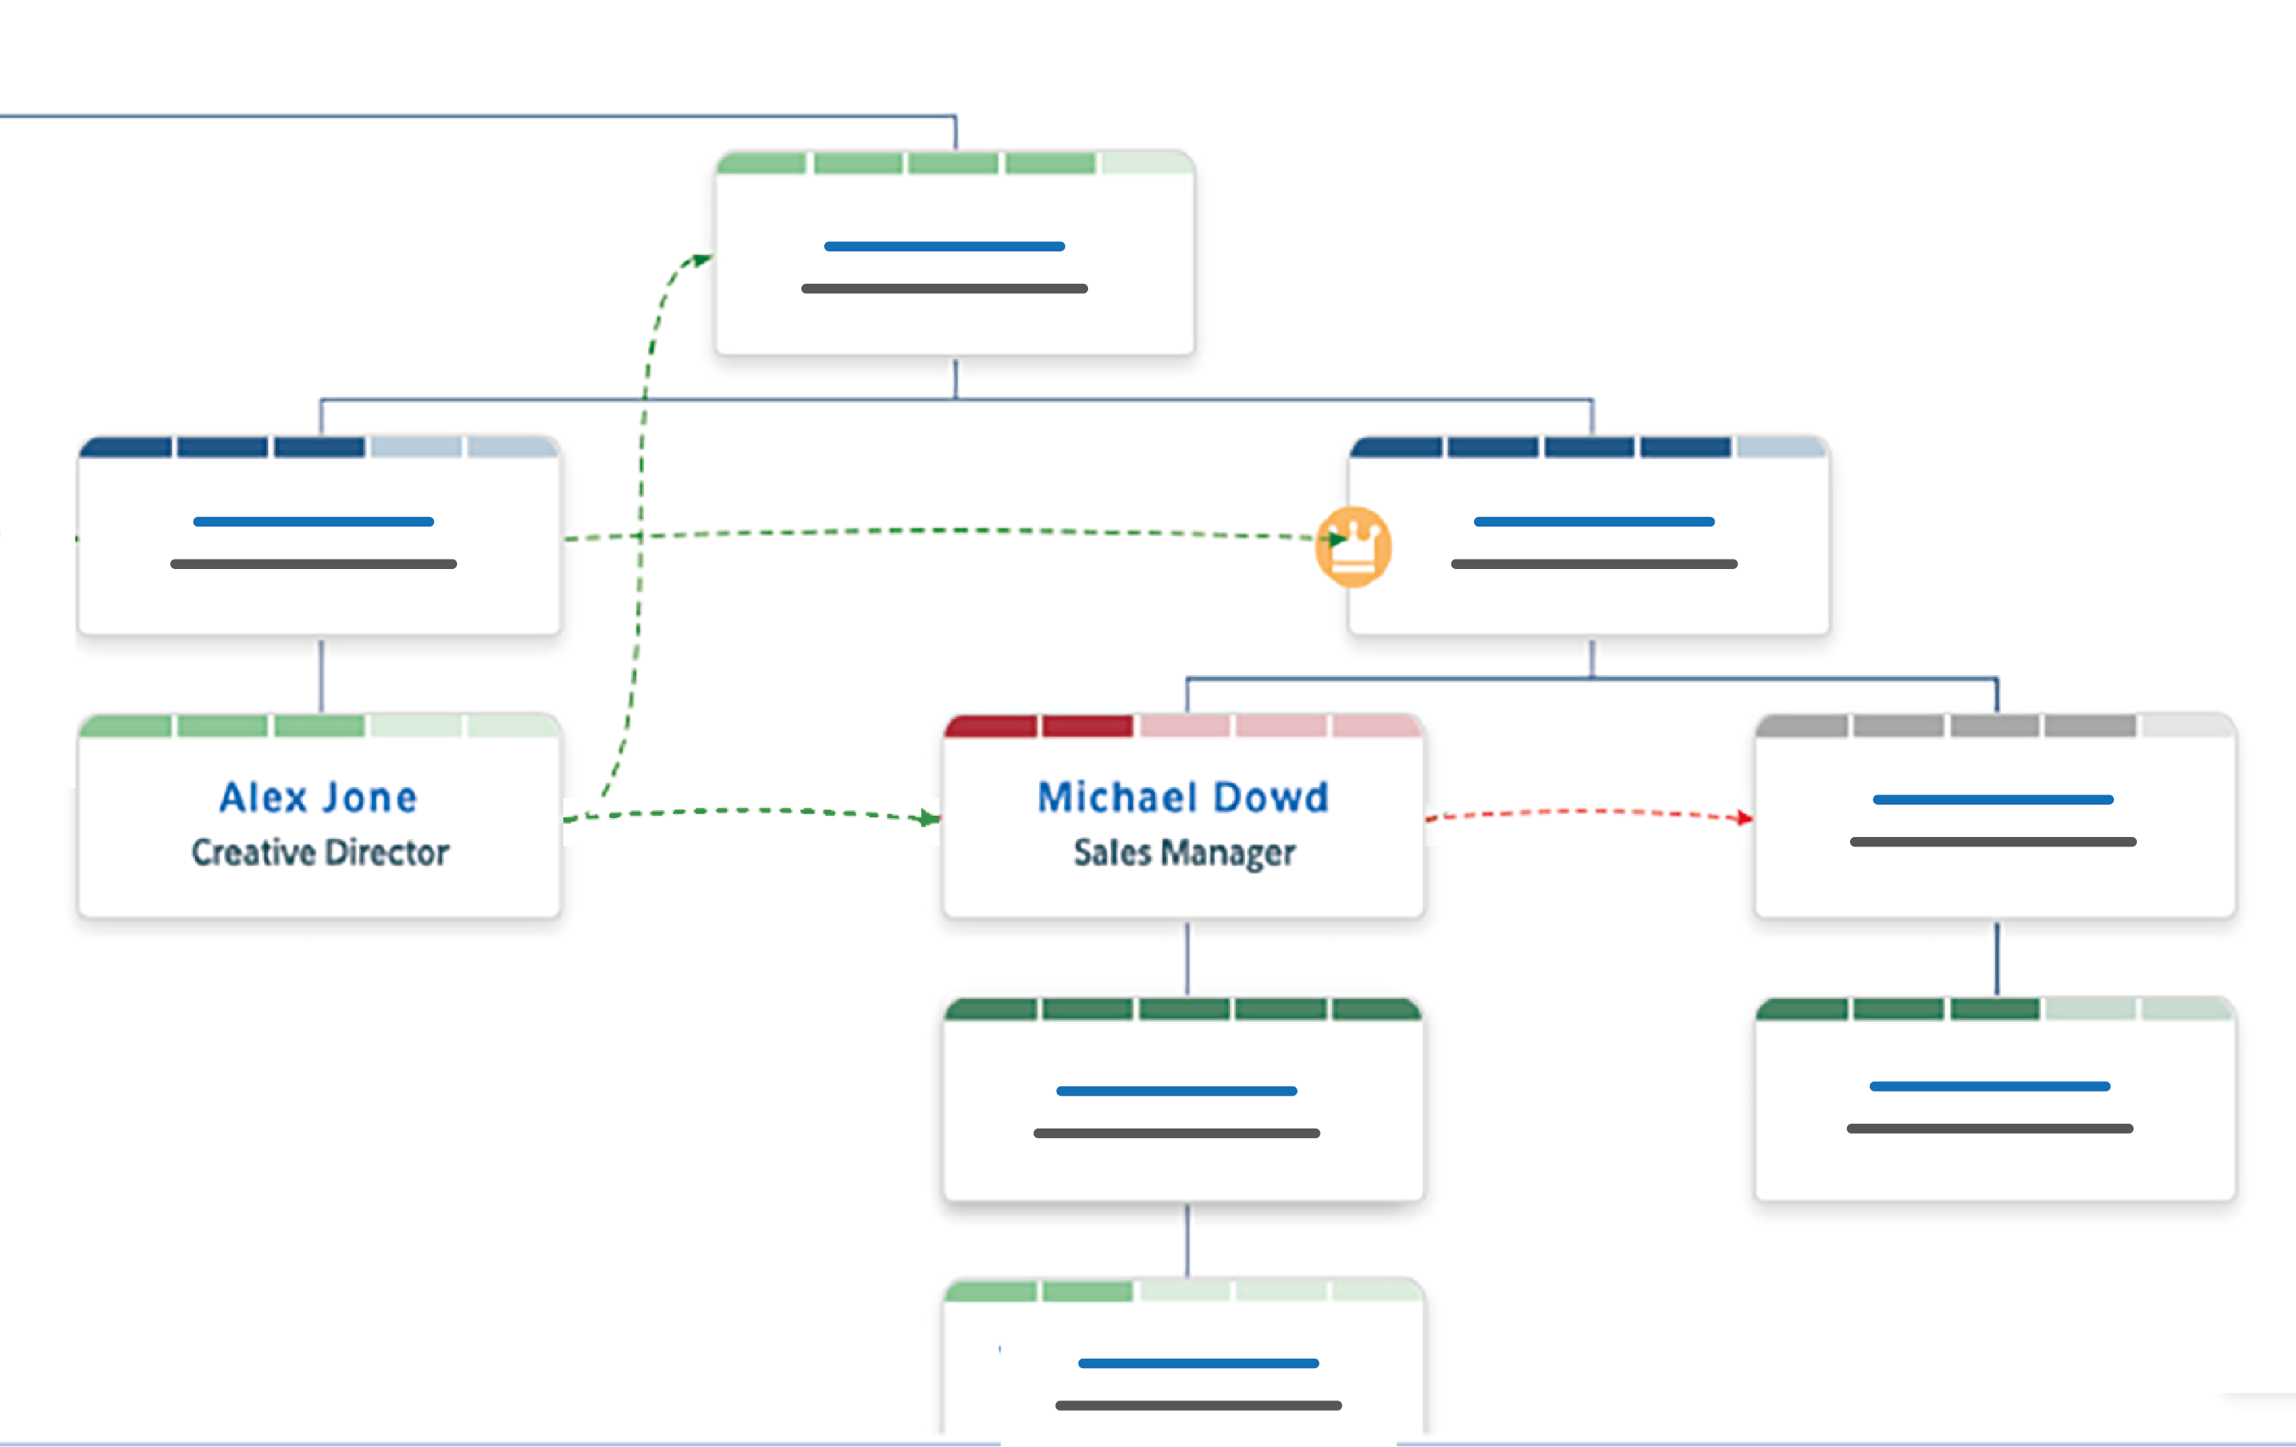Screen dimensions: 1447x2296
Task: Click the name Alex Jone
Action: (318, 798)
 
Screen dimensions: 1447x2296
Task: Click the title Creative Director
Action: (319, 852)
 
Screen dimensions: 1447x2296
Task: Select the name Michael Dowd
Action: (1183, 798)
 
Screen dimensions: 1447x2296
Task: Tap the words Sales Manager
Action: (1183, 852)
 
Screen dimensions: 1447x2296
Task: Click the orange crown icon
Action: (1353, 546)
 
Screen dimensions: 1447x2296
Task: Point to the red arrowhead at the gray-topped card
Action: (1744, 817)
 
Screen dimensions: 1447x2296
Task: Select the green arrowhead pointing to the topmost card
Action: (703, 258)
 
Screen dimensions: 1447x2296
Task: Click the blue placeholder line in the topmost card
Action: (943, 246)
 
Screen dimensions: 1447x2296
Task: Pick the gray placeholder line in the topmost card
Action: (943, 288)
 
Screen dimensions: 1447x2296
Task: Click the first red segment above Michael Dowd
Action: (992, 727)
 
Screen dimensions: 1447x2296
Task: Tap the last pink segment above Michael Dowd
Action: (1376, 727)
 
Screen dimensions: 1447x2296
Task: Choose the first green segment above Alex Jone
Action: (126, 727)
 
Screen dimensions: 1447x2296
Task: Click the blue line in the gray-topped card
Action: (1992, 799)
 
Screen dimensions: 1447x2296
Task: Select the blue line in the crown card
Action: (1593, 522)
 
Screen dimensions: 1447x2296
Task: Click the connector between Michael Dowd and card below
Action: (1187, 958)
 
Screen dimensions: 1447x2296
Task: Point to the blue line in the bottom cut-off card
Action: (1198, 1363)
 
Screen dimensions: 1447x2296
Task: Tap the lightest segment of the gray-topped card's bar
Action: (2186, 727)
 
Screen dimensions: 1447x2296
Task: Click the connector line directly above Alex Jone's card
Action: (321, 675)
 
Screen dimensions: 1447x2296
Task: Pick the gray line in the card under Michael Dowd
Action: (1176, 1133)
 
